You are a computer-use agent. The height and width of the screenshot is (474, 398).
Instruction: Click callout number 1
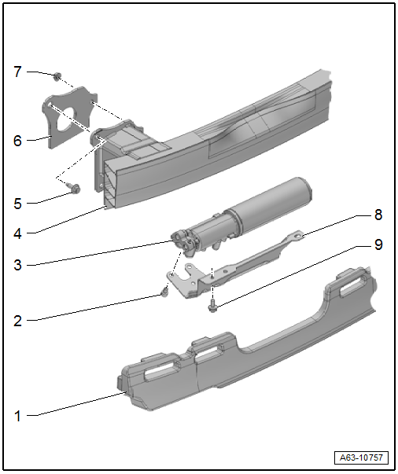18,417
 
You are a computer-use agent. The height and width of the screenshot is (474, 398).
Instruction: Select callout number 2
18,321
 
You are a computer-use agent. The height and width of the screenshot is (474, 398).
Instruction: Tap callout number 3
18,265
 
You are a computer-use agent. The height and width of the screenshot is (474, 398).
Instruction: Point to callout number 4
17,233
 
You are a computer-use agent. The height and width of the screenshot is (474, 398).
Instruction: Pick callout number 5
18,204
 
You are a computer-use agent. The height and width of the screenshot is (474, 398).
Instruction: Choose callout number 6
18,141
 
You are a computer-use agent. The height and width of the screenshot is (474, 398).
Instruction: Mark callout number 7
18,72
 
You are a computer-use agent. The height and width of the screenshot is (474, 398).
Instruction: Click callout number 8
378,215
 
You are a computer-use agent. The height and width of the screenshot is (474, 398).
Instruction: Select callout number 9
378,244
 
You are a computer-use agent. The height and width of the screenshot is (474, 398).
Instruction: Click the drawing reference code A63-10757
361,457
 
